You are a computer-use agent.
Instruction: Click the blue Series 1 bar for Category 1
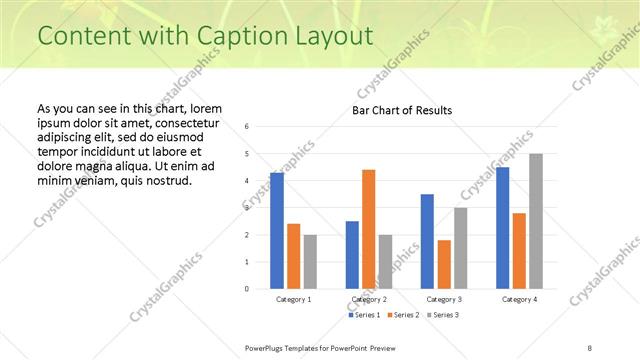(277, 231)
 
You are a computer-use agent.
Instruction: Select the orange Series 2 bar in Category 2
(368, 229)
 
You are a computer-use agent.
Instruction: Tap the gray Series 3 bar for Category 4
(536, 221)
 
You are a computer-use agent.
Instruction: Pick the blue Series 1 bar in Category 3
(427, 241)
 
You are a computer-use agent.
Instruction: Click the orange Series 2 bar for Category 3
(444, 264)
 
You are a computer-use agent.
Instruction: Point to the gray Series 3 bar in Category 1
(310, 262)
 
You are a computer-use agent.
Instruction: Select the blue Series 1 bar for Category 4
(503, 228)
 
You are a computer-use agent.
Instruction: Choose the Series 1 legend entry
(364, 315)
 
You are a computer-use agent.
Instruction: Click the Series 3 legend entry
(441, 315)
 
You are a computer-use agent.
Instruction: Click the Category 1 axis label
(293, 299)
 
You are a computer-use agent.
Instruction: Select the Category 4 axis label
(519, 299)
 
